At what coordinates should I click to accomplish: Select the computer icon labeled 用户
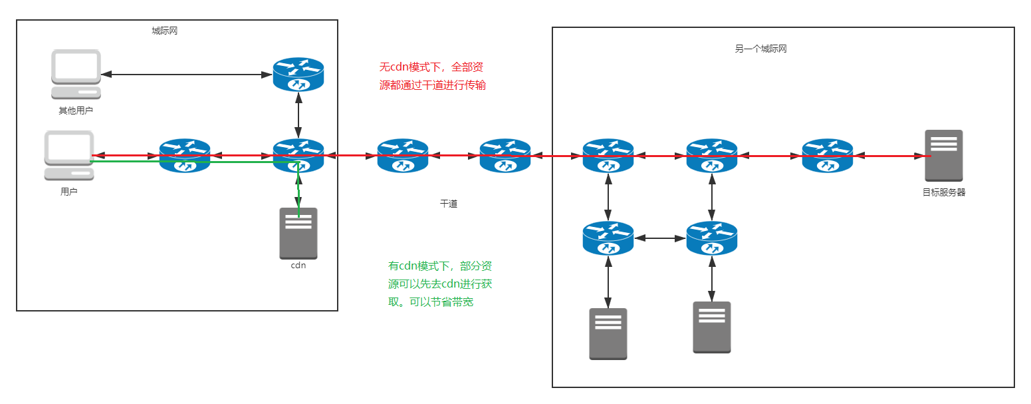(x=68, y=155)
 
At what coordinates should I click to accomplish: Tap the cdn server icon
(x=298, y=233)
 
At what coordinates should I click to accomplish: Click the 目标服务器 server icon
(x=944, y=155)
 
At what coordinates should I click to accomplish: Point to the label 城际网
(x=165, y=31)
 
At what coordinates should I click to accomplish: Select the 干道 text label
(x=449, y=204)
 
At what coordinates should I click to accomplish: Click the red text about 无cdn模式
(x=432, y=77)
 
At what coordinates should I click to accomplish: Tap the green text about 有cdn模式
(x=440, y=284)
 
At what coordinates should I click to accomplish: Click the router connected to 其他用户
(x=298, y=74)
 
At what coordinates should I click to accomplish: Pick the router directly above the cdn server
(x=298, y=155)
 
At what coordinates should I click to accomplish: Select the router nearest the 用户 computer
(x=185, y=155)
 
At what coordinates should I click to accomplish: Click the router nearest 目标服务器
(x=828, y=155)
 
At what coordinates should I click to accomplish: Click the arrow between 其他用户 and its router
(x=186, y=75)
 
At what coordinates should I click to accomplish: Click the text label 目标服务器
(x=944, y=192)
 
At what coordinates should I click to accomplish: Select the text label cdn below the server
(x=298, y=266)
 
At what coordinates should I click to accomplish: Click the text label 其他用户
(x=76, y=110)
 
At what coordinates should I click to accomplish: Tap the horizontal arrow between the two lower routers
(x=660, y=237)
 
